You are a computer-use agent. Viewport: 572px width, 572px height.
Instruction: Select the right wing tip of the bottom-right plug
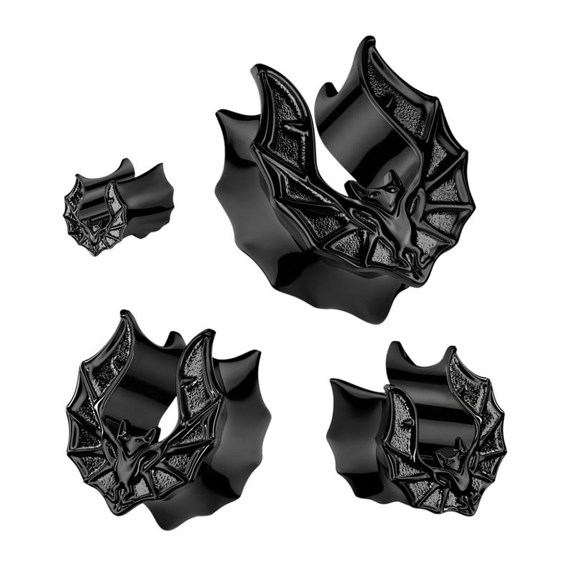click(452, 351)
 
